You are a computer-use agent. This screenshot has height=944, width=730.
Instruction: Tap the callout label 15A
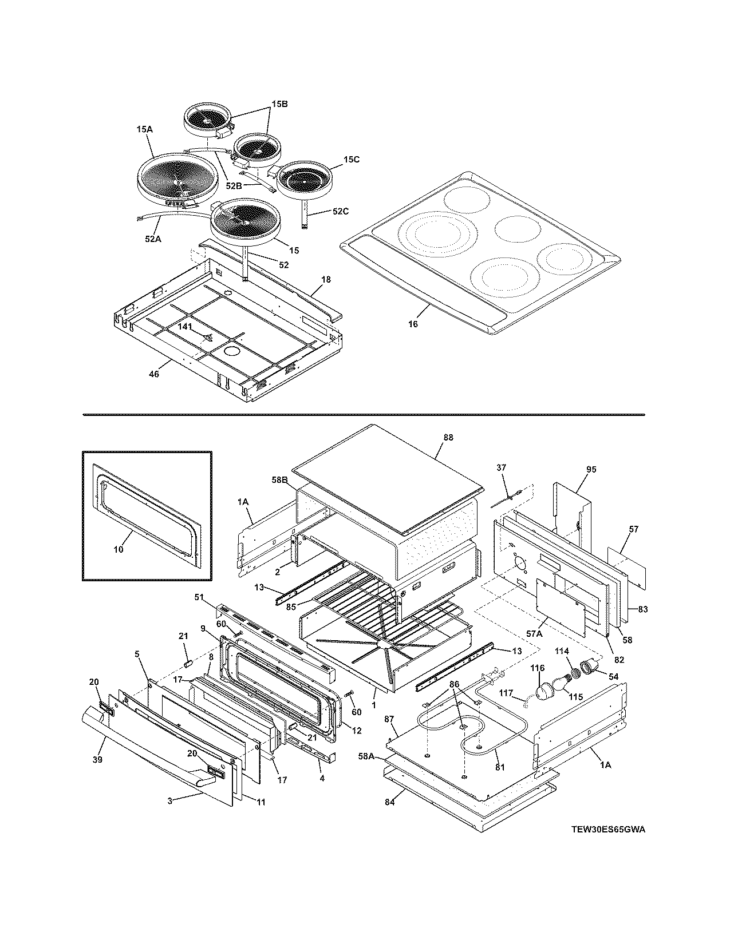point(145,130)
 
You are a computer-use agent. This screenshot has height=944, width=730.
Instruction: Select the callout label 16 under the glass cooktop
point(413,324)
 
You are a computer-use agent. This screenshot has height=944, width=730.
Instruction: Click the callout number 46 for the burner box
point(153,374)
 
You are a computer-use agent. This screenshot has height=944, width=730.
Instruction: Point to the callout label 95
point(591,469)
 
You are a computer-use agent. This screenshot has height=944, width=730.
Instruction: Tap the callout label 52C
point(340,212)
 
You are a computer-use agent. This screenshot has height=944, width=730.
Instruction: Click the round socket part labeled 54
point(590,666)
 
